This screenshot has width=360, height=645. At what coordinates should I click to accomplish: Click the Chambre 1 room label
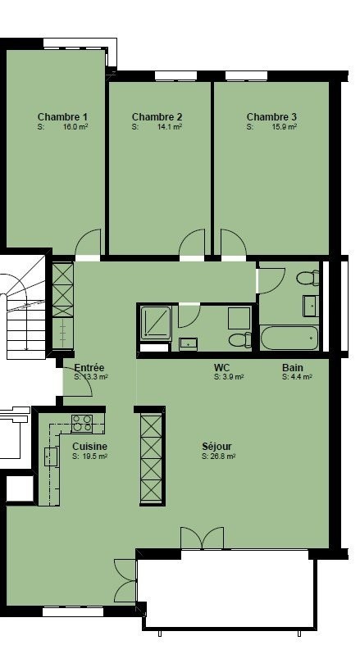tap(62, 117)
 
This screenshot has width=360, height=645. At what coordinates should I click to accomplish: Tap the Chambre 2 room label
tap(157, 117)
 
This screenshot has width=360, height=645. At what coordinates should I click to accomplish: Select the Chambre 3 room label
tap(271, 117)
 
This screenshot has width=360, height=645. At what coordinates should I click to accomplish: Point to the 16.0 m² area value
tap(75, 127)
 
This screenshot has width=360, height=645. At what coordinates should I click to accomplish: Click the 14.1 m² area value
tap(170, 127)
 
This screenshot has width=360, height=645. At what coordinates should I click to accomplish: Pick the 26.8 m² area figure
tap(224, 456)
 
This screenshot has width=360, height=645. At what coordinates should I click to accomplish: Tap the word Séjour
tap(216, 447)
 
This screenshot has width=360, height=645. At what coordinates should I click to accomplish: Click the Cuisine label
tap(89, 447)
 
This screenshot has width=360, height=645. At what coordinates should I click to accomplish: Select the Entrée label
tap(89, 367)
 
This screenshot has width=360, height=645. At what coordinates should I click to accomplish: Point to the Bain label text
tap(293, 367)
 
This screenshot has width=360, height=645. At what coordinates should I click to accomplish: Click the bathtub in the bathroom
tap(289, 338)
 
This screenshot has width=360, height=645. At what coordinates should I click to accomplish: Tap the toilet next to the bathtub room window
tap(308, 278)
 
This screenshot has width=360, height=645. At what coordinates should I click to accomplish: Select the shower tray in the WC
tap(156, 324)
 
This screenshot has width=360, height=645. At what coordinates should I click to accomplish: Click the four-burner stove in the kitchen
tap(82, 424)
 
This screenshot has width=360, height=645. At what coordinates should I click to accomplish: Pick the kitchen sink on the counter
tap(51, 456)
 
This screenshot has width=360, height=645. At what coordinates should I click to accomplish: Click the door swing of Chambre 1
tap(88, 243)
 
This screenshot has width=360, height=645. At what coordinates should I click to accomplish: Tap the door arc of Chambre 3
tap(234, 243)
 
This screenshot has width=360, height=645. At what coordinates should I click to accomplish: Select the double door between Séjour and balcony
tap(203, 538)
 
